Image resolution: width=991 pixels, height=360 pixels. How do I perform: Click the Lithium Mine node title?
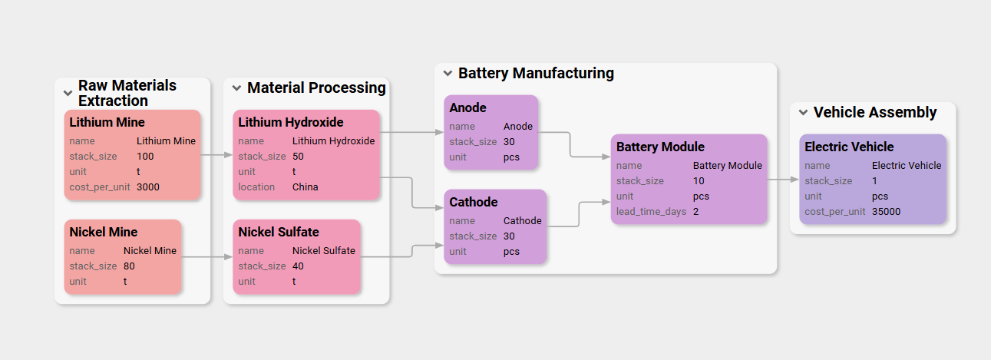tap(107, 122)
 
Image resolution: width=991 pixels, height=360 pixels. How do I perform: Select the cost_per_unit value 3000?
tap(148, 187)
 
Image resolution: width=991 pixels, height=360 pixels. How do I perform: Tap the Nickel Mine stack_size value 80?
tap(130, 266)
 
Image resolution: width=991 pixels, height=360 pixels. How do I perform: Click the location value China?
tap(305, 187)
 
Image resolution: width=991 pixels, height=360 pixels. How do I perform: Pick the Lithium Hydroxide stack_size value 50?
tap(298, 156)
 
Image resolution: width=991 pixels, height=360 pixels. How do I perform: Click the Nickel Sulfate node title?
tap(278, 232)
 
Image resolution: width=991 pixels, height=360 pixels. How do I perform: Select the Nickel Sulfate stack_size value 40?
tap(298, 266)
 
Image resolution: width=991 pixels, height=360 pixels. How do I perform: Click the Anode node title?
tap(467, 107)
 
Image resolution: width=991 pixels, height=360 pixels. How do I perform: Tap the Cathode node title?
tap(473, 202)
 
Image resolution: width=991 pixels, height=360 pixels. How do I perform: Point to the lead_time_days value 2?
tap(695, 211)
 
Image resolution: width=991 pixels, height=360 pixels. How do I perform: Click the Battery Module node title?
tap(659, 147)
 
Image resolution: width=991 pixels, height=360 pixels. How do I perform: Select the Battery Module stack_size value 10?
tap(698, 180)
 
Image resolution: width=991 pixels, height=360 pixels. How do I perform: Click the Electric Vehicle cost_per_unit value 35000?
tap(886, 211)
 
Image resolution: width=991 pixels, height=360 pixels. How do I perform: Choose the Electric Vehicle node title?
tap(849, 147)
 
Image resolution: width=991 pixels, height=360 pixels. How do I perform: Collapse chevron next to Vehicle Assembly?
tap(803, 112)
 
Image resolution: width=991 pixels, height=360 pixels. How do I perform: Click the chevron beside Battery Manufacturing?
tap(448, 73)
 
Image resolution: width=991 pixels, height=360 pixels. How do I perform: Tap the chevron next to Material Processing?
tap(236, 88)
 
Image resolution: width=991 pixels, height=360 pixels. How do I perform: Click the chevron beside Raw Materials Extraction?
tap(68, 93)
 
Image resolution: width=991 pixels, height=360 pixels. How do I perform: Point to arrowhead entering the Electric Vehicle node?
tap(794, 180)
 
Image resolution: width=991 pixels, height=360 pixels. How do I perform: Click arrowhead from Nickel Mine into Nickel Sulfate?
tap(228, 257)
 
